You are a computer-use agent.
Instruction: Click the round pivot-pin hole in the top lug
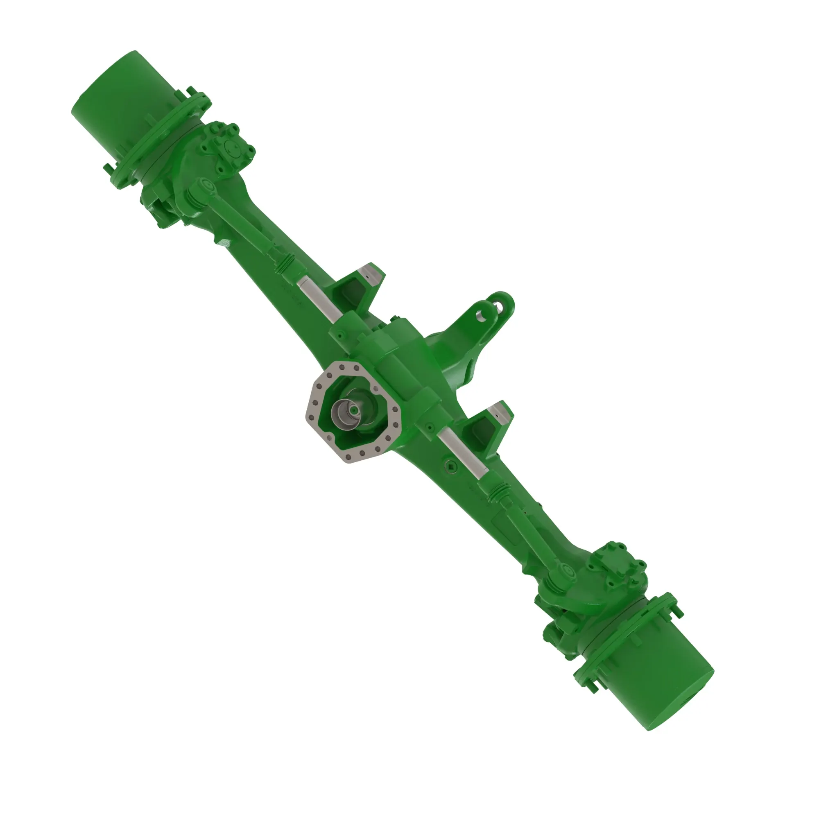tap(482, 314)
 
